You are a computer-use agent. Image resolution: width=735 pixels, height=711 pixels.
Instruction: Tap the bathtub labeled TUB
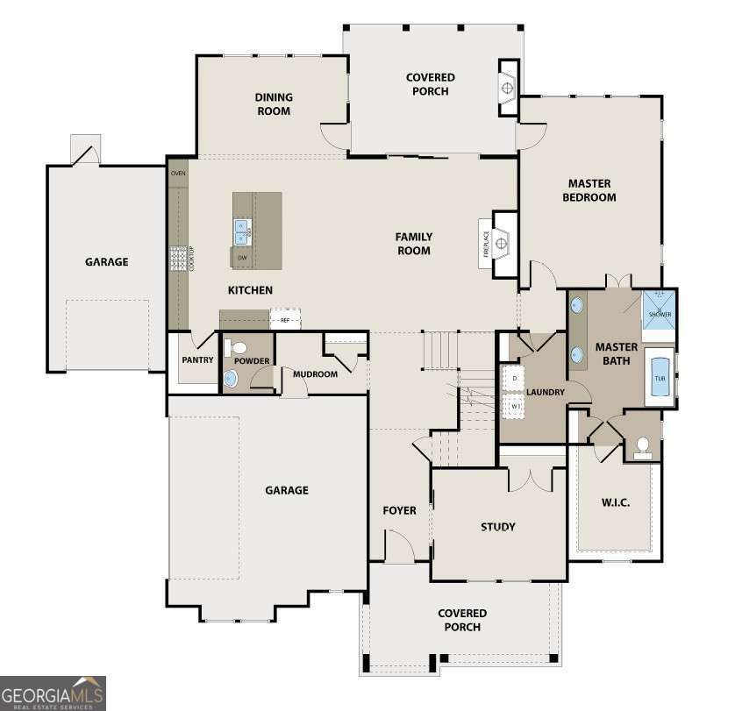point(660,378)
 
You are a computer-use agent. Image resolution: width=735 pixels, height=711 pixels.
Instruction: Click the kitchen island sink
point(242,231)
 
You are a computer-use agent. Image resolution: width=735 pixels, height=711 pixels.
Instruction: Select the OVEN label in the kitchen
point(178,174)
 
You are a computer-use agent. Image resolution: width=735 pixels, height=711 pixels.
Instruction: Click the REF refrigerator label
point(284,320)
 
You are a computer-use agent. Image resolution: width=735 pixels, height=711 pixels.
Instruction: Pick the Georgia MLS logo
point(53,693)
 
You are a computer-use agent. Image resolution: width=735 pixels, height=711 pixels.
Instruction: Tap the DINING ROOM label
point(274,103)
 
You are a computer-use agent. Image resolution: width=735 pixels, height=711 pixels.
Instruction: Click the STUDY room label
point(497,527)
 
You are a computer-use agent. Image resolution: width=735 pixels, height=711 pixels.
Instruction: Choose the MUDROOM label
point(315,374)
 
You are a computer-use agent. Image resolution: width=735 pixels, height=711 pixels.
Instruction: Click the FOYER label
point(399,510)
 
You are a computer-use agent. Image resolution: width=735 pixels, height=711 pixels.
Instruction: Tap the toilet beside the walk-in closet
point(642,446)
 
